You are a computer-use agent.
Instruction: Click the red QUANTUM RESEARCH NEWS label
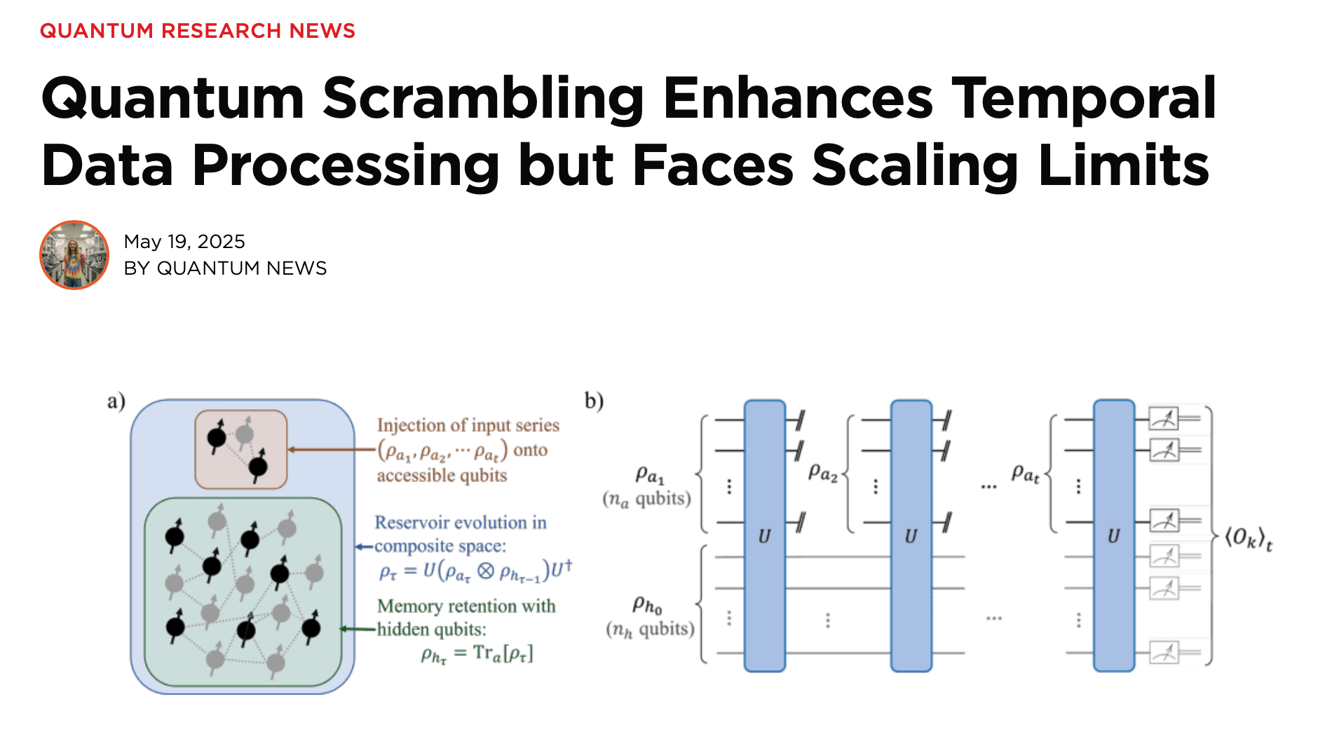(x=197, y=31)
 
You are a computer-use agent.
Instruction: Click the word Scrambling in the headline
(x=482, y=98)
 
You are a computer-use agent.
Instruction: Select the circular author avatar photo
(x=74, y=255)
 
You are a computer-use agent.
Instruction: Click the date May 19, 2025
(x=184, y=242)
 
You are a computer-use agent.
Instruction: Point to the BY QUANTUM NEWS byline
(x=225, y=268)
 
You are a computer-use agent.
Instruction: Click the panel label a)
(x=116, y=401)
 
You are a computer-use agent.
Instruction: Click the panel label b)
(x=594, y=401)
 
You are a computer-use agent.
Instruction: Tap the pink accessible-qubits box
(x=240, y=449)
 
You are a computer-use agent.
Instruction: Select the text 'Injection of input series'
(x=468, y=425)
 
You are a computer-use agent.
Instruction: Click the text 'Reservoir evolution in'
(x=460, y=522)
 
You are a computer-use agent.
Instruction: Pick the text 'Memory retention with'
(x=466, y=605)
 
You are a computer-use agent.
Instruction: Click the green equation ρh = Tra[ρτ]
(x=477, y=654)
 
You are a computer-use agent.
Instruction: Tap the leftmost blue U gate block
(x=764, y=536)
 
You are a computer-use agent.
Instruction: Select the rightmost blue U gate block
(x=1113, y=536)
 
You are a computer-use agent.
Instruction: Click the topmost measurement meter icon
(x=1164, y=419)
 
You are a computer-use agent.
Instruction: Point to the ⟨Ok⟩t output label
(x=1248, y=539)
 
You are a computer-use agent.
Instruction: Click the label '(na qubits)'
(x=646, y=499)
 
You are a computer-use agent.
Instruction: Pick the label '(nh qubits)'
(x=650, y=629)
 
